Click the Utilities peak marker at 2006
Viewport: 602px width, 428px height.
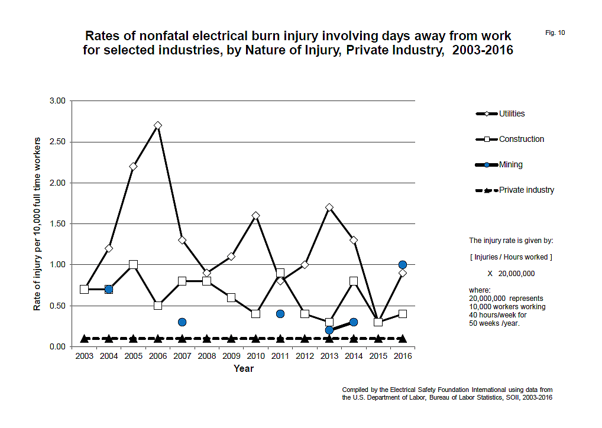point(158,125)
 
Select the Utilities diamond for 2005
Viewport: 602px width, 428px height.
point(133,167)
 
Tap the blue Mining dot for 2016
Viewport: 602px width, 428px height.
point(403,265)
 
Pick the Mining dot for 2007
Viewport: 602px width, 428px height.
point(182,322)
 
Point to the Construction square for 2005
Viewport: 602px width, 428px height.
point(133,265)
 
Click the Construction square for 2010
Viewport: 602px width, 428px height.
point(255,314)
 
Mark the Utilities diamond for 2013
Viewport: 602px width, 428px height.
point(329,207)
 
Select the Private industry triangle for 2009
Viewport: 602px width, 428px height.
point(231,339)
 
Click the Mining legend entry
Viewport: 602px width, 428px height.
point(499,165)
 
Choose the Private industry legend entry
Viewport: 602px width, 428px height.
point(515,190)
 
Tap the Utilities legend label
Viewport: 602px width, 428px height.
point(512,114)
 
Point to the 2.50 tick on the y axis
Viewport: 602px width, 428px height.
point(57,142)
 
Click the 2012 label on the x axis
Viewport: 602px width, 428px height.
point(305,356)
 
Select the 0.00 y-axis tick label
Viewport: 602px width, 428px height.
point(57,347)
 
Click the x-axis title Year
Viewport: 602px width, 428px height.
point(244,368)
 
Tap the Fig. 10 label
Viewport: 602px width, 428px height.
point(555,33)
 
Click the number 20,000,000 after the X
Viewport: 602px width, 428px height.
point(516,274)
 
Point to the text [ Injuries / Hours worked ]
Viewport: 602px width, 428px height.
point(511,257)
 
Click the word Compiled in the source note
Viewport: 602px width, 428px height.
point(355,390)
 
